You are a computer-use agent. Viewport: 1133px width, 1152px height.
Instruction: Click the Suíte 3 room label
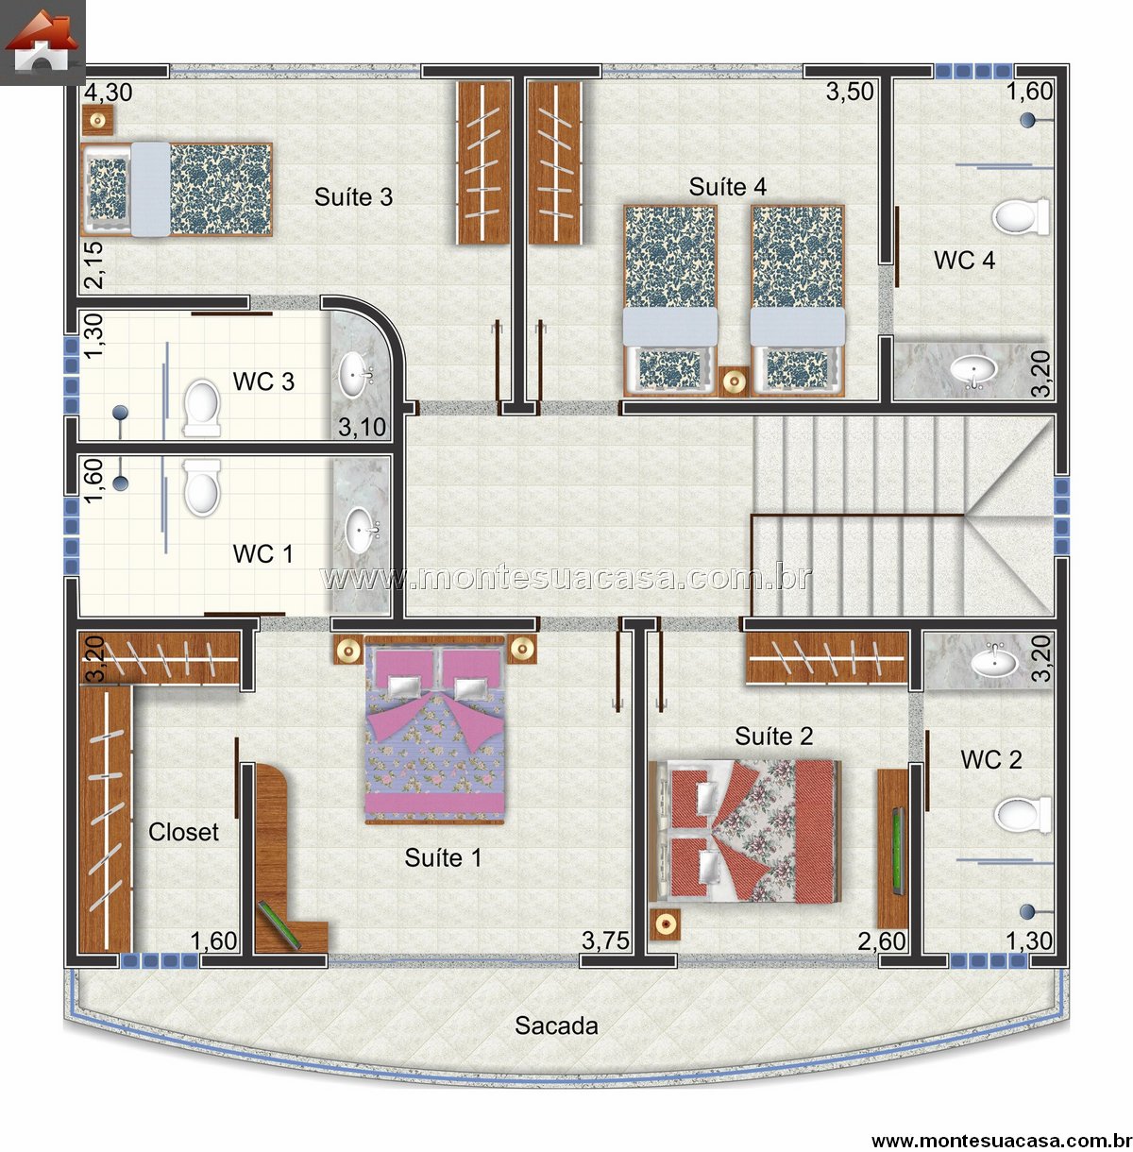[x=353, y=196]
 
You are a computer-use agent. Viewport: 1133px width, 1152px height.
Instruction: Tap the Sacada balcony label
[x=556, y=1025]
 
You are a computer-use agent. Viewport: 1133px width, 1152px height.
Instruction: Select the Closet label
[x=183, y=832]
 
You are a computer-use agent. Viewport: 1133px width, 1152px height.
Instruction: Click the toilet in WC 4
[x=1021, y=216]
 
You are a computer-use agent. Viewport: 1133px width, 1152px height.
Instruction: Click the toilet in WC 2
[x=1023, y=815]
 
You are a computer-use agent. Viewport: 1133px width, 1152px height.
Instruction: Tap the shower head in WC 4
[x=1028, y=120]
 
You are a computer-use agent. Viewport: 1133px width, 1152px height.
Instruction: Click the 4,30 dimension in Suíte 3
[x=109, y=93]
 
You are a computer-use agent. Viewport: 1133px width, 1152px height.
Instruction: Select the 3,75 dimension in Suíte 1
[x=605, y=941]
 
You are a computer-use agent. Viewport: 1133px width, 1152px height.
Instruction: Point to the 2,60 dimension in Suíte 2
[x=882, y=941]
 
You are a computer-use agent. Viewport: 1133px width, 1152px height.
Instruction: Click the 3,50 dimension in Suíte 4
[x=850, y=92]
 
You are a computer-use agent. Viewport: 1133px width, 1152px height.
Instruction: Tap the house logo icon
[x=42, y=41]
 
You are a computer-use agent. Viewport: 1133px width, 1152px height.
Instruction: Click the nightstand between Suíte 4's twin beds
[x=734, y=381]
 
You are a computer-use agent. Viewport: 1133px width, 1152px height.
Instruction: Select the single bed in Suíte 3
[x=177, y=190]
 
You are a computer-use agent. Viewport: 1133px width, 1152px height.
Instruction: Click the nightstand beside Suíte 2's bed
[x=666, y=923]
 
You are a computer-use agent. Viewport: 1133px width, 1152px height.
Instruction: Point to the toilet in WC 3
[x=202, y=408]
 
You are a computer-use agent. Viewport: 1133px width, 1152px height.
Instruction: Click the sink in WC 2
[x=993, y=662]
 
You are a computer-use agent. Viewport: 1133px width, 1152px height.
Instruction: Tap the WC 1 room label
[x=263, y=554]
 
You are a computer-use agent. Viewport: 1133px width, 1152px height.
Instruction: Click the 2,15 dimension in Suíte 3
[x=93, y=265]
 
